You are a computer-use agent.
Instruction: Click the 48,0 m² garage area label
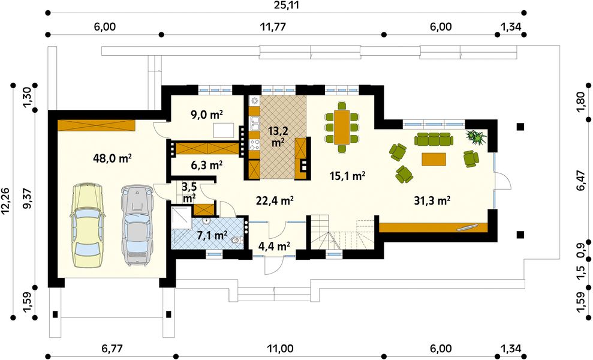[x=112, y=158]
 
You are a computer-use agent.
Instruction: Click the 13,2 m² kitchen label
[x=278, y=136]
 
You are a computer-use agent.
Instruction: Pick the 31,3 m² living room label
[x=432, y=200]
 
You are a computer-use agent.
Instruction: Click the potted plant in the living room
[x=476, y=137]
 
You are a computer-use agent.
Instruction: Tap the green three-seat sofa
[x=434, y=139]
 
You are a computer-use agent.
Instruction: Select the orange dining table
[x=342, y=127]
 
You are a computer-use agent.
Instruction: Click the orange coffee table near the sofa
[x=434, y=158]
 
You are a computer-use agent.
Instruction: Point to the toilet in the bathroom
[x=236, y=240]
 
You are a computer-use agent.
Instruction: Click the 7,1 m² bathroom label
[x=212, y=235]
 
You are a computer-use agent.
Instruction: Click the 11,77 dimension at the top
[x=272, y=27]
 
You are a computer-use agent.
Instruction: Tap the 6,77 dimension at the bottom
[x=112, y=348]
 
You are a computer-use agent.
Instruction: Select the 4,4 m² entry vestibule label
[x=274, y=247]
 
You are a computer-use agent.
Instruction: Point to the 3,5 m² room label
[x=189, y=191]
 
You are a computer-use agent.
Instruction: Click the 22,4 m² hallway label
[x=275, y=200]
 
